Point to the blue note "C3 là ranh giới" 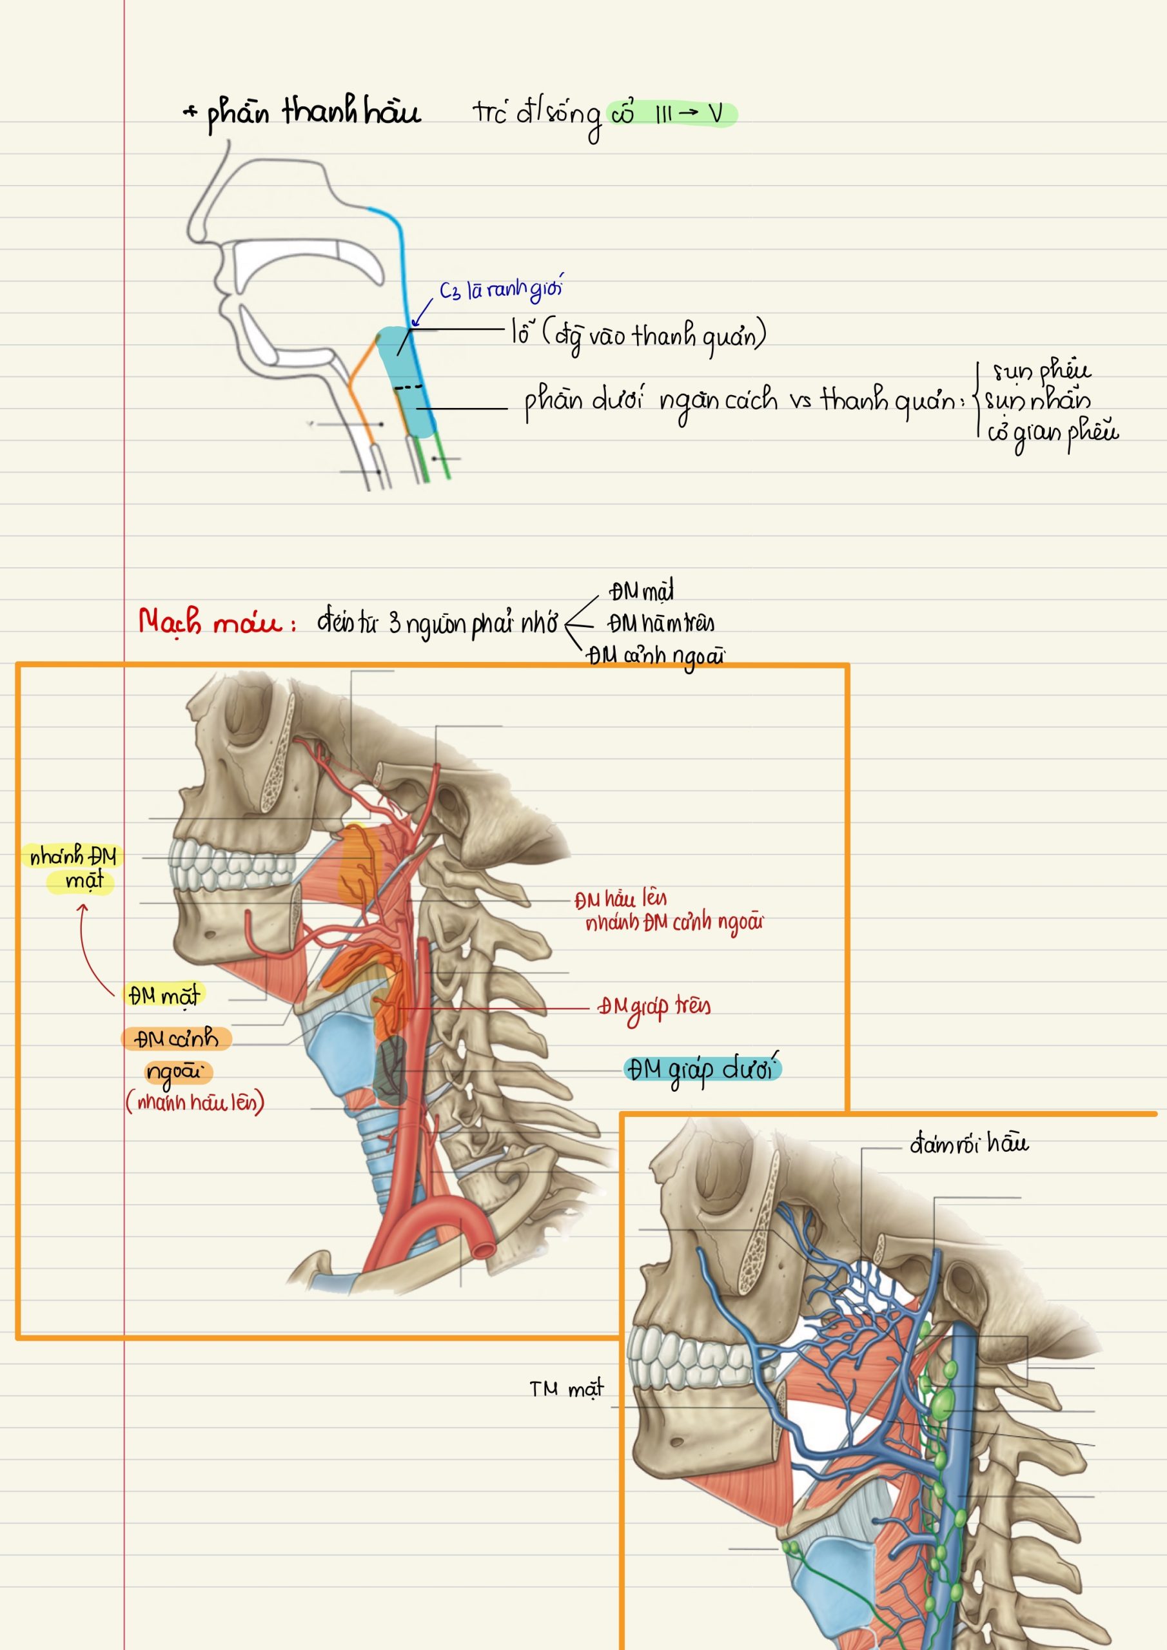(x=501, y=289)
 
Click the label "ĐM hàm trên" (x=661, y=623)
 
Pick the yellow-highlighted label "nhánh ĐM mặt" (x=74, y=868)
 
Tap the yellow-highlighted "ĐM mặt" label (x=163, y=995)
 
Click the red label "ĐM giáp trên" (x=654, y=1007)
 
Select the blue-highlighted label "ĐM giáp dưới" (x=703, y=1069)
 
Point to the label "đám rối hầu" (x=969, y=1143)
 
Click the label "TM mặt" (x=567, y=1389)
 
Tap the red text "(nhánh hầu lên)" (x=195, y=1102)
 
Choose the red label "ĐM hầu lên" (x=620, y=899)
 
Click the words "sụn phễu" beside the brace (x=1041, y=370)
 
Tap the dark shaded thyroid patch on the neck (x=393, y=1071)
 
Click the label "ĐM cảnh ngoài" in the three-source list (x=655, y=655)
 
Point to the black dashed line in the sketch (x=408, y=387)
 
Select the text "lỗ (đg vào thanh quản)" (x=638, y=335)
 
